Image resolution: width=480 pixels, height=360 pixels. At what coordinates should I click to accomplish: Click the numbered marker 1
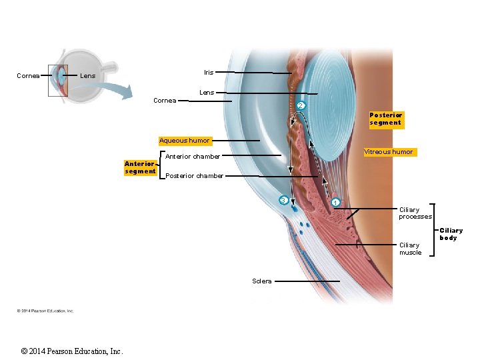(335, 202)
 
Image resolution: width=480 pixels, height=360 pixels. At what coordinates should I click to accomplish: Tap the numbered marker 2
(300, 106)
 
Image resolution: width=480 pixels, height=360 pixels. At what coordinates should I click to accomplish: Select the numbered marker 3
(283, 200)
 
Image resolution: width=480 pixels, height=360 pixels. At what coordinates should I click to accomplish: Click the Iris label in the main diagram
(209, 72)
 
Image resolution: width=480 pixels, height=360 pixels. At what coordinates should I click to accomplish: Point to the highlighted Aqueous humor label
(185, 141)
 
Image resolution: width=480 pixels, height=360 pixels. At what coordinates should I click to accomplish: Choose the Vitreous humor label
(389, 152)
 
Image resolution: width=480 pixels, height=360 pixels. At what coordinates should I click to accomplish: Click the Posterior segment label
(386, 119)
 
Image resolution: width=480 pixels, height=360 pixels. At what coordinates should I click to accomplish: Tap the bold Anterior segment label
(140, 167)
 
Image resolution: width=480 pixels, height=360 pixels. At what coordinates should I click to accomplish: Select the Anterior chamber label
(193, 157)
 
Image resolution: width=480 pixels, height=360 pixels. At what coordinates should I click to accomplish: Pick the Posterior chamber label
(194, 176)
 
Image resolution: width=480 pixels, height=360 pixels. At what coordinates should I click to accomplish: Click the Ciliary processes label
(415, 213)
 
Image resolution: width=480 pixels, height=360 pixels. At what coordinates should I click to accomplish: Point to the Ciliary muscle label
(410, 249)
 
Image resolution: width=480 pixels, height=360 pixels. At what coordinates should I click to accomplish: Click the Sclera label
(262, 281)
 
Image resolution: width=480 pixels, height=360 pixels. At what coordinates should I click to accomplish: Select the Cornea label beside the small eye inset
(28, 76)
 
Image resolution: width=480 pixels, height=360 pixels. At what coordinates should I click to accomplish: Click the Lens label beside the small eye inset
(87, 76)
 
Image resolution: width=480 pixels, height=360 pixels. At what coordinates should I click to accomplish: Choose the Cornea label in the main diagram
(165, 101)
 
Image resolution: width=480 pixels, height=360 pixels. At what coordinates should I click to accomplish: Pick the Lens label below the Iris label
(207, 93)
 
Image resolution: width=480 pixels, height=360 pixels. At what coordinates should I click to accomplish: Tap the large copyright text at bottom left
(72, 351)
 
